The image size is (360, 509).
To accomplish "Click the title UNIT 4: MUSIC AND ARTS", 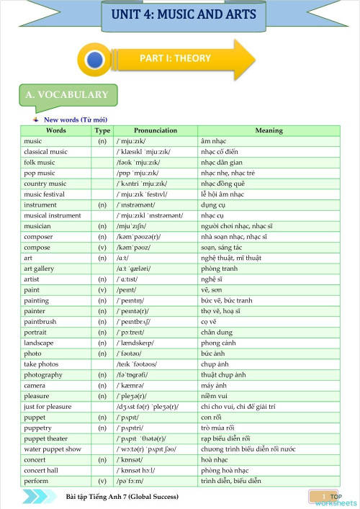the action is click(183, 15).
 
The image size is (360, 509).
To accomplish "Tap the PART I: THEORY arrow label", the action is click(175, 58).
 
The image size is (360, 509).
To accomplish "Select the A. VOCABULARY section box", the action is click(66, 95).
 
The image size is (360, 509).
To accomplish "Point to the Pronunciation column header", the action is click(156, 130).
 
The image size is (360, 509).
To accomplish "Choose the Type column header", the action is click(102, 130).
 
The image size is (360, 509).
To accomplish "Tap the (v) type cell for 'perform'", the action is click(102, 480).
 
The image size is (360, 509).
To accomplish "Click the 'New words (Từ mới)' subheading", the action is click(75, 120).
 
